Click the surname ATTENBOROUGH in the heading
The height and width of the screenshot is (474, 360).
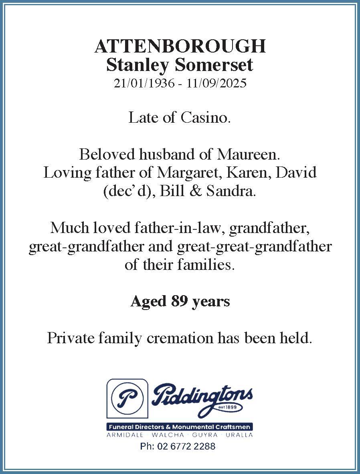(180, 47)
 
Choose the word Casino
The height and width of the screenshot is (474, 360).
(205, 117)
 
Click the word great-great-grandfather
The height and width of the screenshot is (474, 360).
(254, 246)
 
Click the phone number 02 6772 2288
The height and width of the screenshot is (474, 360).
(186, 446)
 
